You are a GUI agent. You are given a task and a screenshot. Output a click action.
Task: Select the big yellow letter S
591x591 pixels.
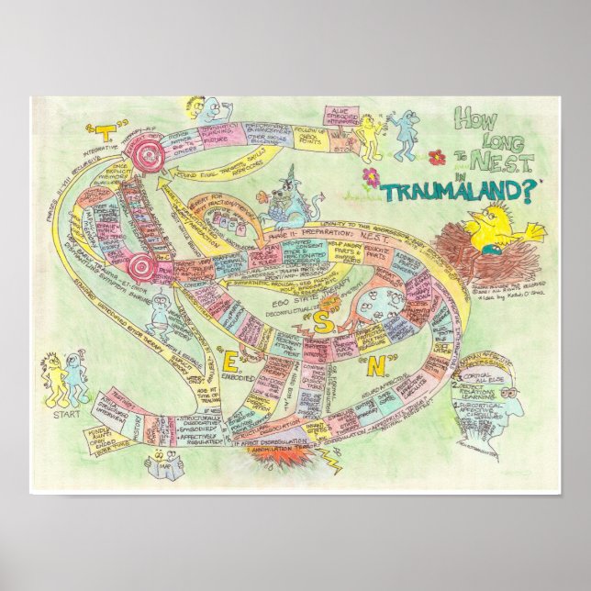point(324,320)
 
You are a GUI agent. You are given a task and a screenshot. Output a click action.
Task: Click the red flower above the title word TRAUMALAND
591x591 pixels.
point(371,173)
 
